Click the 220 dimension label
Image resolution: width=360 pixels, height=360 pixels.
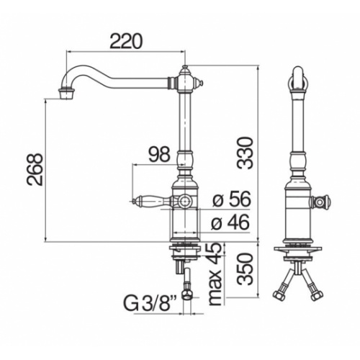coord(126,41)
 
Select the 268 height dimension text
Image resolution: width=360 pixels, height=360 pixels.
coord(35,170)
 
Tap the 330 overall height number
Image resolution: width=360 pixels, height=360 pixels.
coord(245,153)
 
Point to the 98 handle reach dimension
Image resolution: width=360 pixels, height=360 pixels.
coord(159,154)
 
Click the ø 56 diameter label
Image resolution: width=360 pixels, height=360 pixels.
coord(232,199)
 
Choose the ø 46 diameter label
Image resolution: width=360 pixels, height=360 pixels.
coord(230,222)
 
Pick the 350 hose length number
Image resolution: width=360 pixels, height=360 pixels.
coord(245,269)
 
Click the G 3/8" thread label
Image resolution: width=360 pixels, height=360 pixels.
coord(150,303)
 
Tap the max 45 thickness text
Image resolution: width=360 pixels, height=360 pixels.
coord(215,274)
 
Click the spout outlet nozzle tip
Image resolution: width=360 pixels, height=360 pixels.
coord(66,94)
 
